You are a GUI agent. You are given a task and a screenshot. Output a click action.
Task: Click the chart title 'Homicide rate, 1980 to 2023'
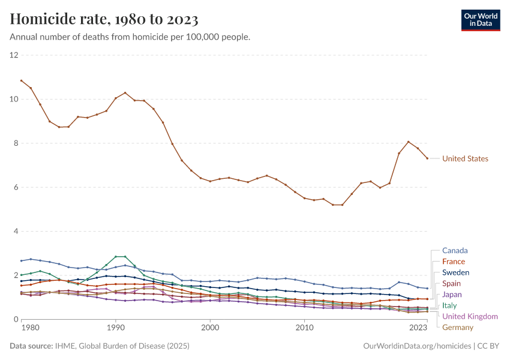(104, 19)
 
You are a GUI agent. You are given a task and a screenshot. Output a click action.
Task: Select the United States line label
(465, 159)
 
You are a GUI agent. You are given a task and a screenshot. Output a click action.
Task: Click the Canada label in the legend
(455, 250)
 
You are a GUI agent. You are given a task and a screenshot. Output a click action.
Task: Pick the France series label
(454, 262)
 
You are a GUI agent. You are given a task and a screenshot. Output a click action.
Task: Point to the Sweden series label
(455, 272)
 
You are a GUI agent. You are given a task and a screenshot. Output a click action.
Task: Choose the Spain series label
(452, 283)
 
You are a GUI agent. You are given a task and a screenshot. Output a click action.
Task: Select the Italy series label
(449, 305)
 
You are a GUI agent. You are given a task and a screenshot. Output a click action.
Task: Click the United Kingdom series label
(470, 316)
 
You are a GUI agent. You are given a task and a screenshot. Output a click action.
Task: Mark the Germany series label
(458, 327)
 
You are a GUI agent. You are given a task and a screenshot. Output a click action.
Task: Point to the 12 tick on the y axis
(14, 55)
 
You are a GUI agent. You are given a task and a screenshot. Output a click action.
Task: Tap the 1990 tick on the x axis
(116, 328)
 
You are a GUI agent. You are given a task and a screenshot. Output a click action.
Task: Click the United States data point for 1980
(22, 80)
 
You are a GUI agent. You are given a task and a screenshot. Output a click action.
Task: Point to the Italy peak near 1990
(120, 257)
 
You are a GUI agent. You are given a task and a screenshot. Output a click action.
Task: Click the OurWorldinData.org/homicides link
(417, 346)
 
